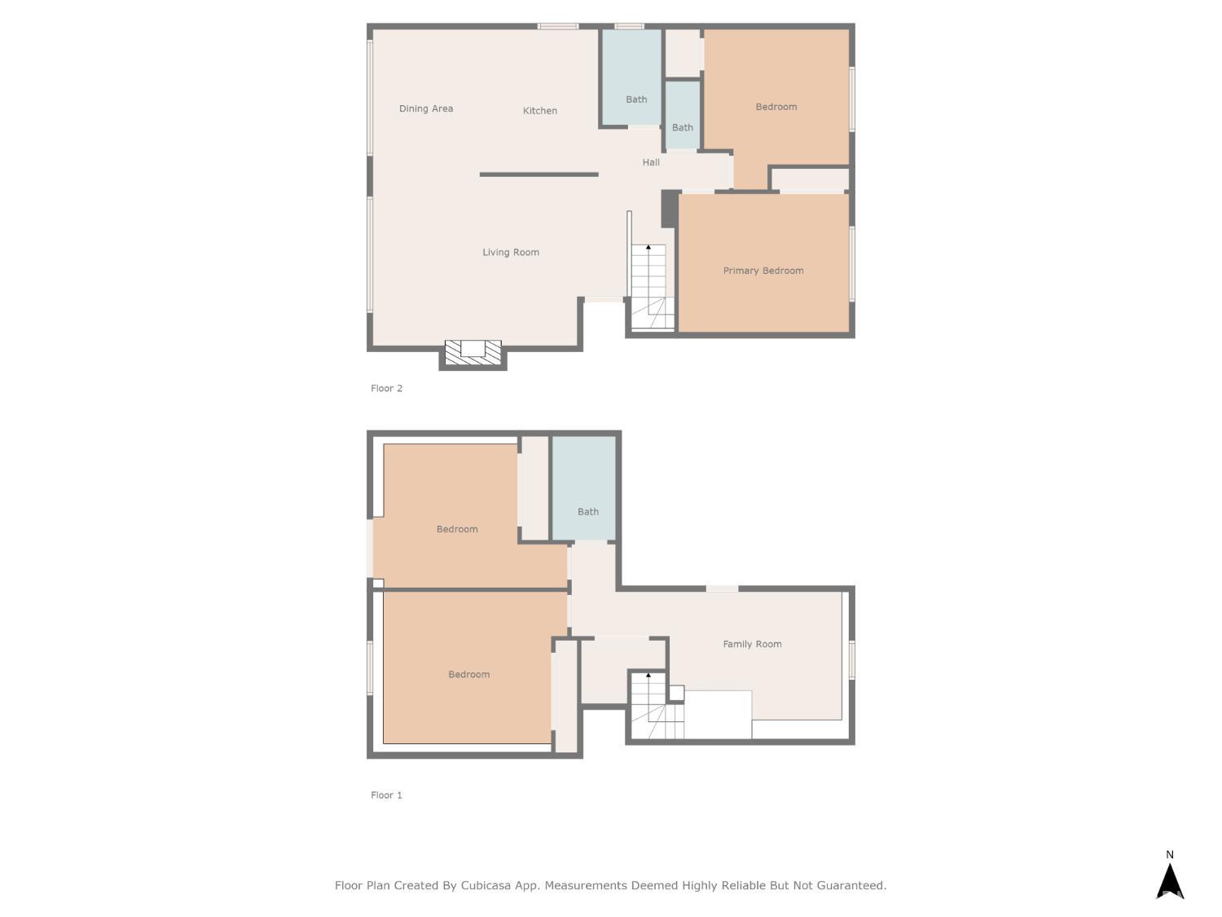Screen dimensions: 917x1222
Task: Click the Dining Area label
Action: tap(425, 108)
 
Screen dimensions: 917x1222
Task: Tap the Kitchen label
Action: tap(539, 111)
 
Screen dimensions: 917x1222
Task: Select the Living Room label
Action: tap(510, 253)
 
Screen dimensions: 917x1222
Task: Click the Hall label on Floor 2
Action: tap(650, 162)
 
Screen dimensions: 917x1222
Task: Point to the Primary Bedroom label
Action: tap(763, 271)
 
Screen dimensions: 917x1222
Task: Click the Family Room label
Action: tap(751, 644)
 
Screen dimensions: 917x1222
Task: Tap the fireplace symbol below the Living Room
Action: tap(473, 352)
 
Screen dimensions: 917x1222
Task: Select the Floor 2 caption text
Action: tap(386, 388)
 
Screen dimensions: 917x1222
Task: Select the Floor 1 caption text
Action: tap(386, 795)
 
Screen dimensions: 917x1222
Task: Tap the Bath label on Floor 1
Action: tap(587, 512)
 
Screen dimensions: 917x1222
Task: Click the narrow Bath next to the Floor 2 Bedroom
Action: tap(682, 127)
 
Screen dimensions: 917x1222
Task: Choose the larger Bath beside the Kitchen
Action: tap(635, 99)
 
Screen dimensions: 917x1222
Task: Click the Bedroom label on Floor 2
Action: tap(776, 107)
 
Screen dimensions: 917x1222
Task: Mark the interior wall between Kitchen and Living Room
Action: tap(538, 174)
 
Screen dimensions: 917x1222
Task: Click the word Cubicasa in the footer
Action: tap(486, 885)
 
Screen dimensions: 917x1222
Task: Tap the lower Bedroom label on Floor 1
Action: tap(468, 674)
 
